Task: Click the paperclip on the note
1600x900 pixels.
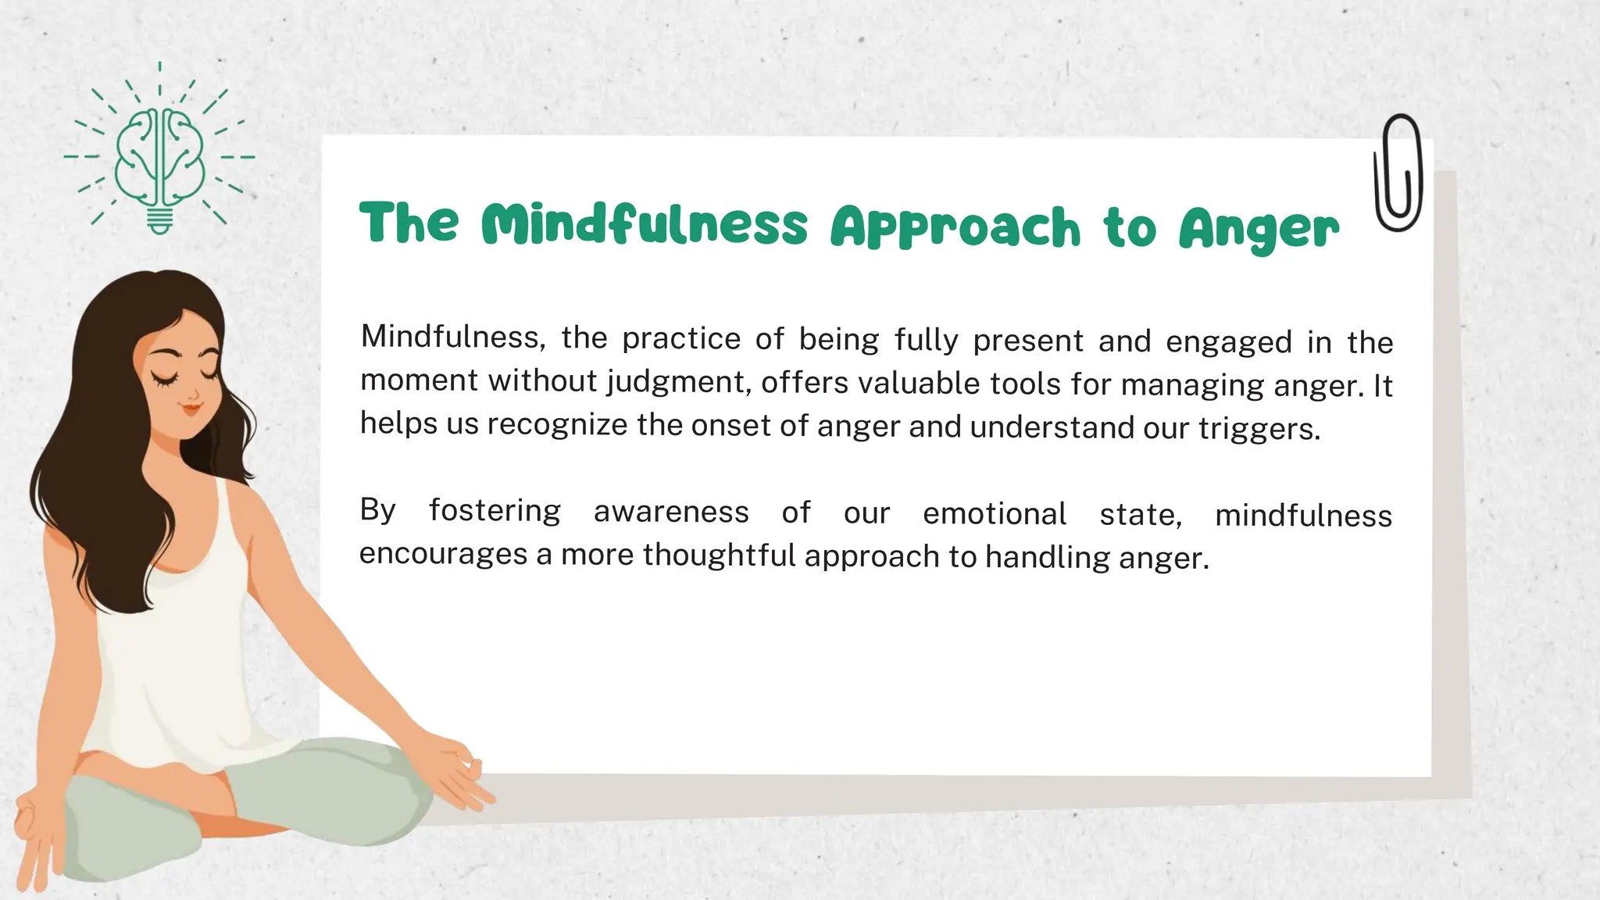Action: point(1398,173)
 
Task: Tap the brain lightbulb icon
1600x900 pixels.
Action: point(160,156)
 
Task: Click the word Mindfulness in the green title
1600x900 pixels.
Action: point(644,225)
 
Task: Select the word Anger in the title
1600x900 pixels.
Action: point(1259,228)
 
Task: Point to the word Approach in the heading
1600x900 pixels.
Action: point(955,228)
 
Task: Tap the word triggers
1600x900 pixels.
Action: point(1259,428)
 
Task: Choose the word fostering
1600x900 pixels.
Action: point(495,510)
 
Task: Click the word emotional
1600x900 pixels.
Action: point(995,514)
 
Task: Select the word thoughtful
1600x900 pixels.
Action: point(719,555)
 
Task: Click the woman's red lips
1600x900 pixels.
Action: point(190,407)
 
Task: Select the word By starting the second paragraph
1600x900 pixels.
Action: point(378,509)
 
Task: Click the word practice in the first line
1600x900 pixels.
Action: point(681,338)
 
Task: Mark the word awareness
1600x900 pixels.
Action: point(671,512)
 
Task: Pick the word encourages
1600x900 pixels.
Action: point(443,553)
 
